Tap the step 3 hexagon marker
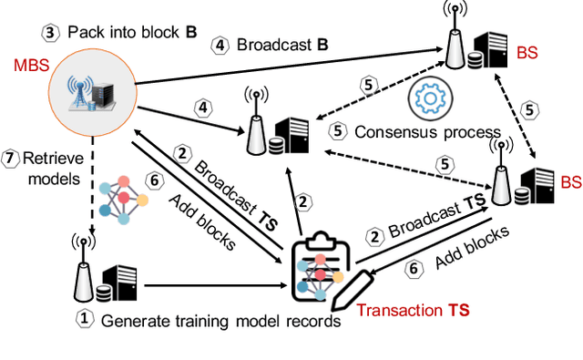(x=51, y=33)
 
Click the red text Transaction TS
(x=413, y=310)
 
